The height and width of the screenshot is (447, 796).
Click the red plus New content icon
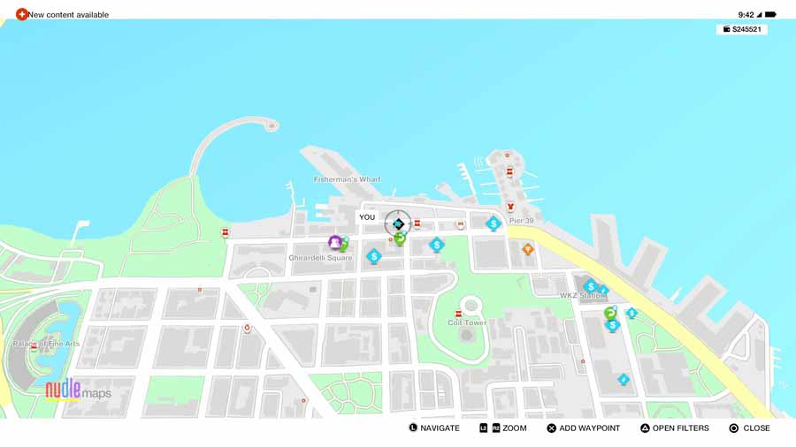pyautogui.click(x=22, y=14)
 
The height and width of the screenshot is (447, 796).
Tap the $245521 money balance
pyautogui.click(x=742, y=29)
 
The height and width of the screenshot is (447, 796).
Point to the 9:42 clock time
pyautogui.click(x=746, y=14)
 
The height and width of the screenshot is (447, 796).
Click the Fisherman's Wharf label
pyautogui.click(x=347, y=179)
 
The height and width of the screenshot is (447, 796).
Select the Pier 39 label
pyautogui.click(x=521, y=221)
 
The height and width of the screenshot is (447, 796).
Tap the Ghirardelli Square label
pyautogui.click(x=320, y=258)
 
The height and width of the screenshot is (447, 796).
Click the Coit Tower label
pyautogui.click(x=467, y=323)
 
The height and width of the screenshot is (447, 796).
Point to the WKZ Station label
pyautogui.click(x=580, y=296)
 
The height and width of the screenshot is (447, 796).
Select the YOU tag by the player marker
pyautogui.click(x=367, y=217)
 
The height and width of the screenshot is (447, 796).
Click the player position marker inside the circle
pyautogui.click(x=398, y=223)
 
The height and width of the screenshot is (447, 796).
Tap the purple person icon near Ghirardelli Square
pyautogui.click(x=335, y=242)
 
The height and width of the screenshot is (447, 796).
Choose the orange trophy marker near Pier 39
pyautogui.click(x=528, y=249)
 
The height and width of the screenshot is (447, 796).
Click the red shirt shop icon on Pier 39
pyautogui.click(x=510, y=208)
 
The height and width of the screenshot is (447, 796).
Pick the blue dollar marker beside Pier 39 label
pyautogui.click(x=494, y=223)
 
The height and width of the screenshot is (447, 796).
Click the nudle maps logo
pyautogui.click(x=78, y=390)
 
